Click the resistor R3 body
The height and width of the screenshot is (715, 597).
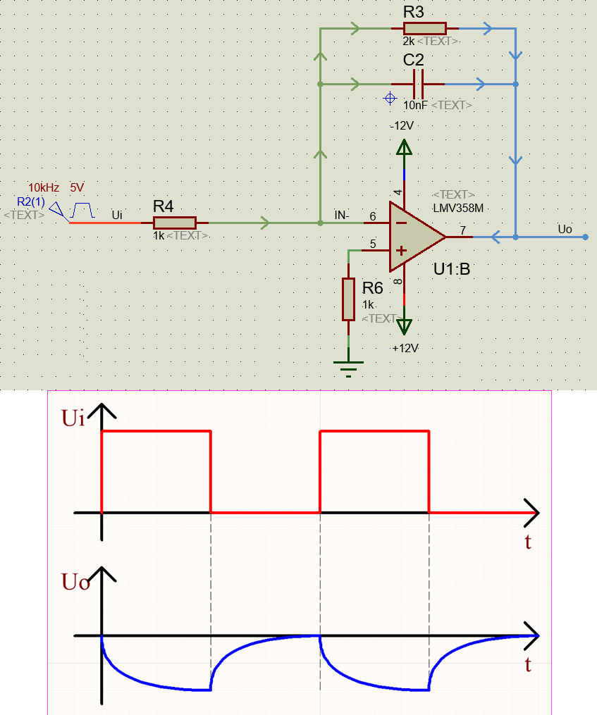click(424, 28)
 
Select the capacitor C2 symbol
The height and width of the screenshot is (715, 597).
click(419, 84)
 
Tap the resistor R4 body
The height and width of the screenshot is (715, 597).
click(174, 223)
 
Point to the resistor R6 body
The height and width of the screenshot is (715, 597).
click(348, 299)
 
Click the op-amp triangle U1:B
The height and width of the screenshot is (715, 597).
click(415, 237)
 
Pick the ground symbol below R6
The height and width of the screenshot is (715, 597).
click(348, 366)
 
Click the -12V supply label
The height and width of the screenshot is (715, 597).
click(402, 125)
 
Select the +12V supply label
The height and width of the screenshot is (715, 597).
click(405, 348)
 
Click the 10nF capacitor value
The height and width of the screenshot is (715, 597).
click(414, 105)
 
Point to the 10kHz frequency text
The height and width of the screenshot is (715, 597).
click(44, 187)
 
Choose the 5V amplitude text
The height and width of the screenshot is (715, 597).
click(77, 187)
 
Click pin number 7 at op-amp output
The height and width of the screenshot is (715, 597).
click(462, 230)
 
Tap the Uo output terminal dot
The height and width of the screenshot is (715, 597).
click(586, 237)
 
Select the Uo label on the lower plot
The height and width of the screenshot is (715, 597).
click(75, 582)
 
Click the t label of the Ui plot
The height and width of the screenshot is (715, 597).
click(527, 542)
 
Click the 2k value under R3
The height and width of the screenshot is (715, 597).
click(408, 42)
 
